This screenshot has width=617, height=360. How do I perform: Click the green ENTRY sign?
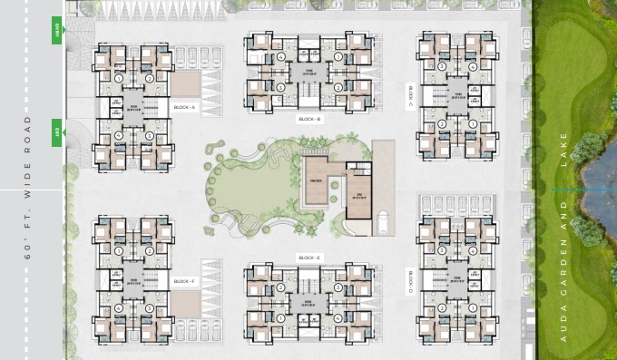point(57,33)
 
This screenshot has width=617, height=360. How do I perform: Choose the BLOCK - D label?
point(410,282)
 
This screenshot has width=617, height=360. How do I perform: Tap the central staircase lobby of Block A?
point(133,107)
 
